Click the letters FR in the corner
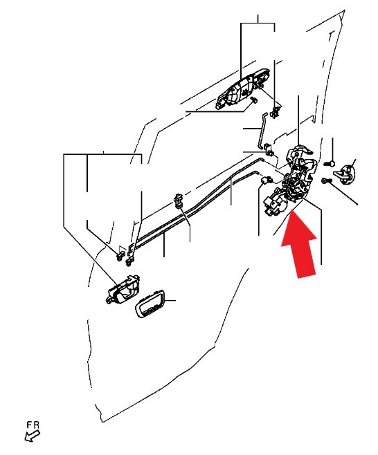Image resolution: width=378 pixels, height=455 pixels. point(33,425)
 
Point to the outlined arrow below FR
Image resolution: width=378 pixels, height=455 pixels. point(32,436)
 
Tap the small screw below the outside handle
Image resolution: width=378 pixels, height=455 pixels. point(254,100)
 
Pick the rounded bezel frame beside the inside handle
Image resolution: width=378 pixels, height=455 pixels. point(150,304)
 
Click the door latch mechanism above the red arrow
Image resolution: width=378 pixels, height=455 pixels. point(297,177)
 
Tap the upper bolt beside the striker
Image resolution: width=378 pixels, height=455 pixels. point(330,163)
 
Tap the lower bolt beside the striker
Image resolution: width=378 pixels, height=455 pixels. point(327,180)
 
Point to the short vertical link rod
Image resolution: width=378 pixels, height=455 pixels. point(261,131)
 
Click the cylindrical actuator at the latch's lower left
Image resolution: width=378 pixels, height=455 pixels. point(275,205)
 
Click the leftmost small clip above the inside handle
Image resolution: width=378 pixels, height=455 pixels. point(119,256)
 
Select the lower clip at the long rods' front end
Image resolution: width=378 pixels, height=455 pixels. point(129,262)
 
